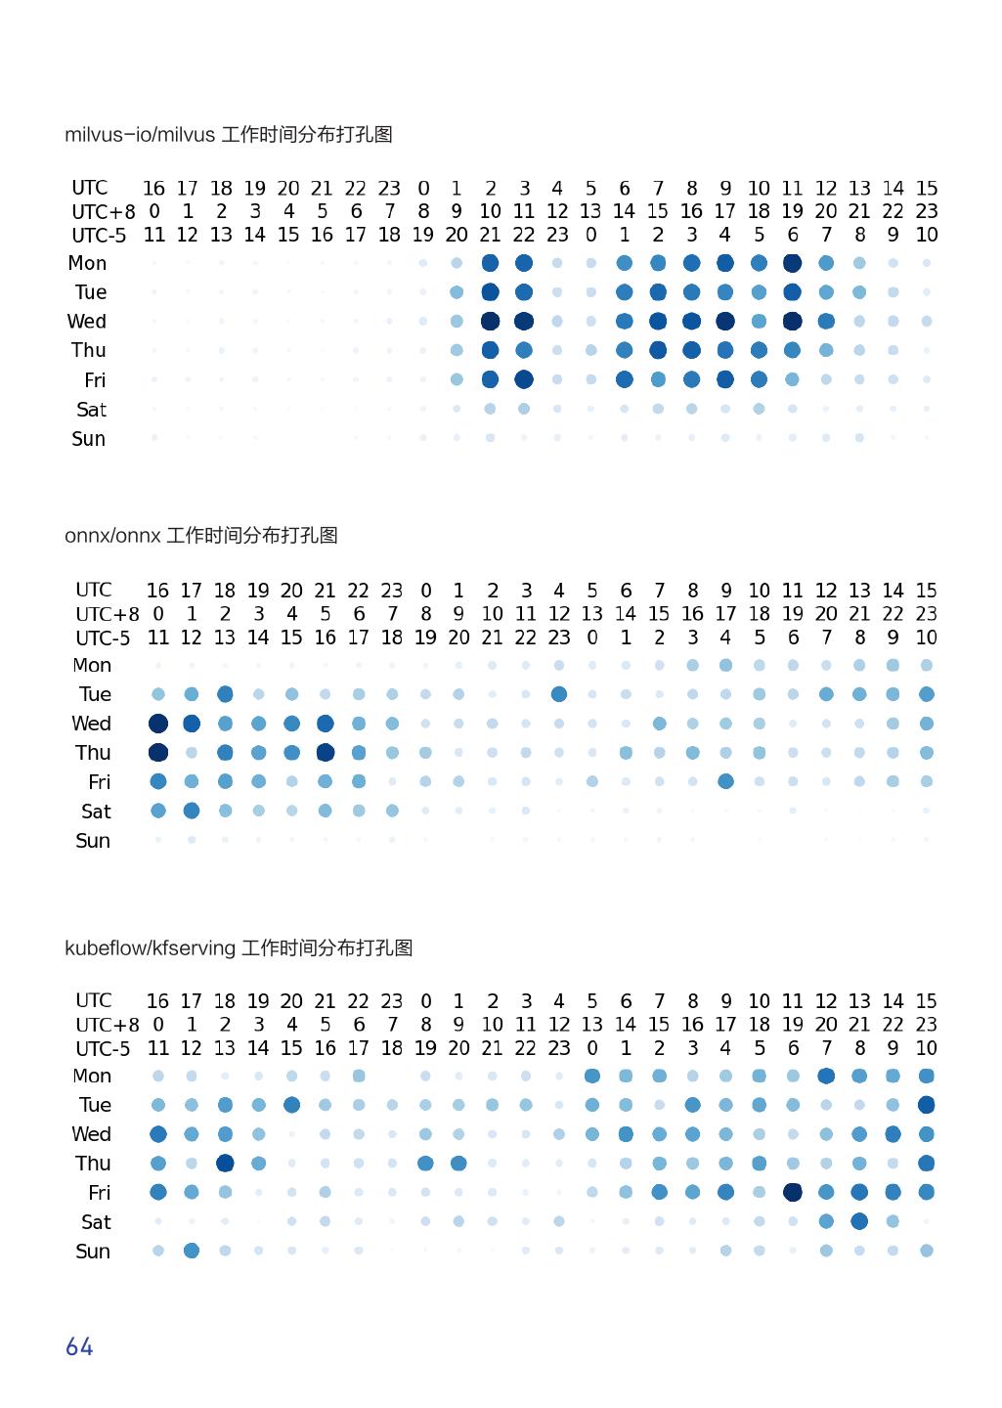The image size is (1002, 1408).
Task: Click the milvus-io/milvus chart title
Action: click(229, 135)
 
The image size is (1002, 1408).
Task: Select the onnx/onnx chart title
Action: click(201, 536)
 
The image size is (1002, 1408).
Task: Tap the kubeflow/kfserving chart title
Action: click(239, 948)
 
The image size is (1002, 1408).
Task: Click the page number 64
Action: click(79, 1347)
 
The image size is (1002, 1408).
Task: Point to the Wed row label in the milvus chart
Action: click(87, 322)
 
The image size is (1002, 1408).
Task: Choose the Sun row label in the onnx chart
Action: click(93, 841)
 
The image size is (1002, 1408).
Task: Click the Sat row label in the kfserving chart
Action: click(96, 1222)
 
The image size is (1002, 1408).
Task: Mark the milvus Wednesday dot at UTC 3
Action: click(524, 321)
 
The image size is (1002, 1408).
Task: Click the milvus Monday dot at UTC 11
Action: click(792, 263)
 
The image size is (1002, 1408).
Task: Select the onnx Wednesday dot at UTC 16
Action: click(158, 724)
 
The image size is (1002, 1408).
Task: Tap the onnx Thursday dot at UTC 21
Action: click(326, 753)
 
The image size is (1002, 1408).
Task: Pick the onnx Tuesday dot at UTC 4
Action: click(559, 694)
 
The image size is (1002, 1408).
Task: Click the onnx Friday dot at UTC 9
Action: click(725, 781)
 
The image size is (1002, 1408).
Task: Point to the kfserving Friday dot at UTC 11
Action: click(792, 1192)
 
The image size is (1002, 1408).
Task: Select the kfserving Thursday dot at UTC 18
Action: click(225, 1164)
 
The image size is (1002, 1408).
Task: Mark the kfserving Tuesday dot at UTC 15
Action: click(927, 1105)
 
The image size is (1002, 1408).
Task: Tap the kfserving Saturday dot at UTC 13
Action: click(859, 1221)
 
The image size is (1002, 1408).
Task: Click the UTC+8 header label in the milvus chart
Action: click(103, 212)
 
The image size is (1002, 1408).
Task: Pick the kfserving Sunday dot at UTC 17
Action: click(192, 1251)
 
